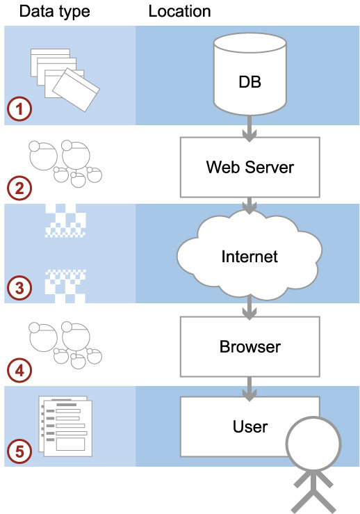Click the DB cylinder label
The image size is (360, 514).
pyautogui.click(x=249, y=81)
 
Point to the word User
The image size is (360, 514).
pyautogui.click(x=250, y=427)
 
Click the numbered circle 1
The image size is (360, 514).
pyautogui.click(x=19, y=109)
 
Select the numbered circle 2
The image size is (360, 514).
pyautogui.click(x=19, y=188)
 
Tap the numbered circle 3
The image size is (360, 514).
pyautogui.click(x=19, y=288)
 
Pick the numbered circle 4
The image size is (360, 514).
pyautogui.click(x=19, y=371)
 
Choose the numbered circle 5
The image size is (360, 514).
pyautogui.click(x=19, y=451)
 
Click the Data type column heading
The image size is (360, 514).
pyautogui.click(x=54, y=12)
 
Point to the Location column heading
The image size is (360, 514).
pyautogui.click(x=179, y=11)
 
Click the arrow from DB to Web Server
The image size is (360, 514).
pyautogui.click(x=249, y=129)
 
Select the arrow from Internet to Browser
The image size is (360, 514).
pyautogui.click(x=249, y=307)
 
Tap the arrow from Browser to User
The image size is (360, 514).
pyautogui.click(x=249, y=389)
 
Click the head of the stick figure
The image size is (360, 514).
pyautogui.click(x=313, y=444)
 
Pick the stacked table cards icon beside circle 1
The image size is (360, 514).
pyautogui.click(x=65, y=80)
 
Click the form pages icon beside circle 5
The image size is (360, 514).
pyautogui.click(x=65, y=426)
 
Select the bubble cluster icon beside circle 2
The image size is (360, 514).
pyautogui.click(x=65, y=163)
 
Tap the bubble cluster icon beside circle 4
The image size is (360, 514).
pyautogui.click(x=65, y=346)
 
